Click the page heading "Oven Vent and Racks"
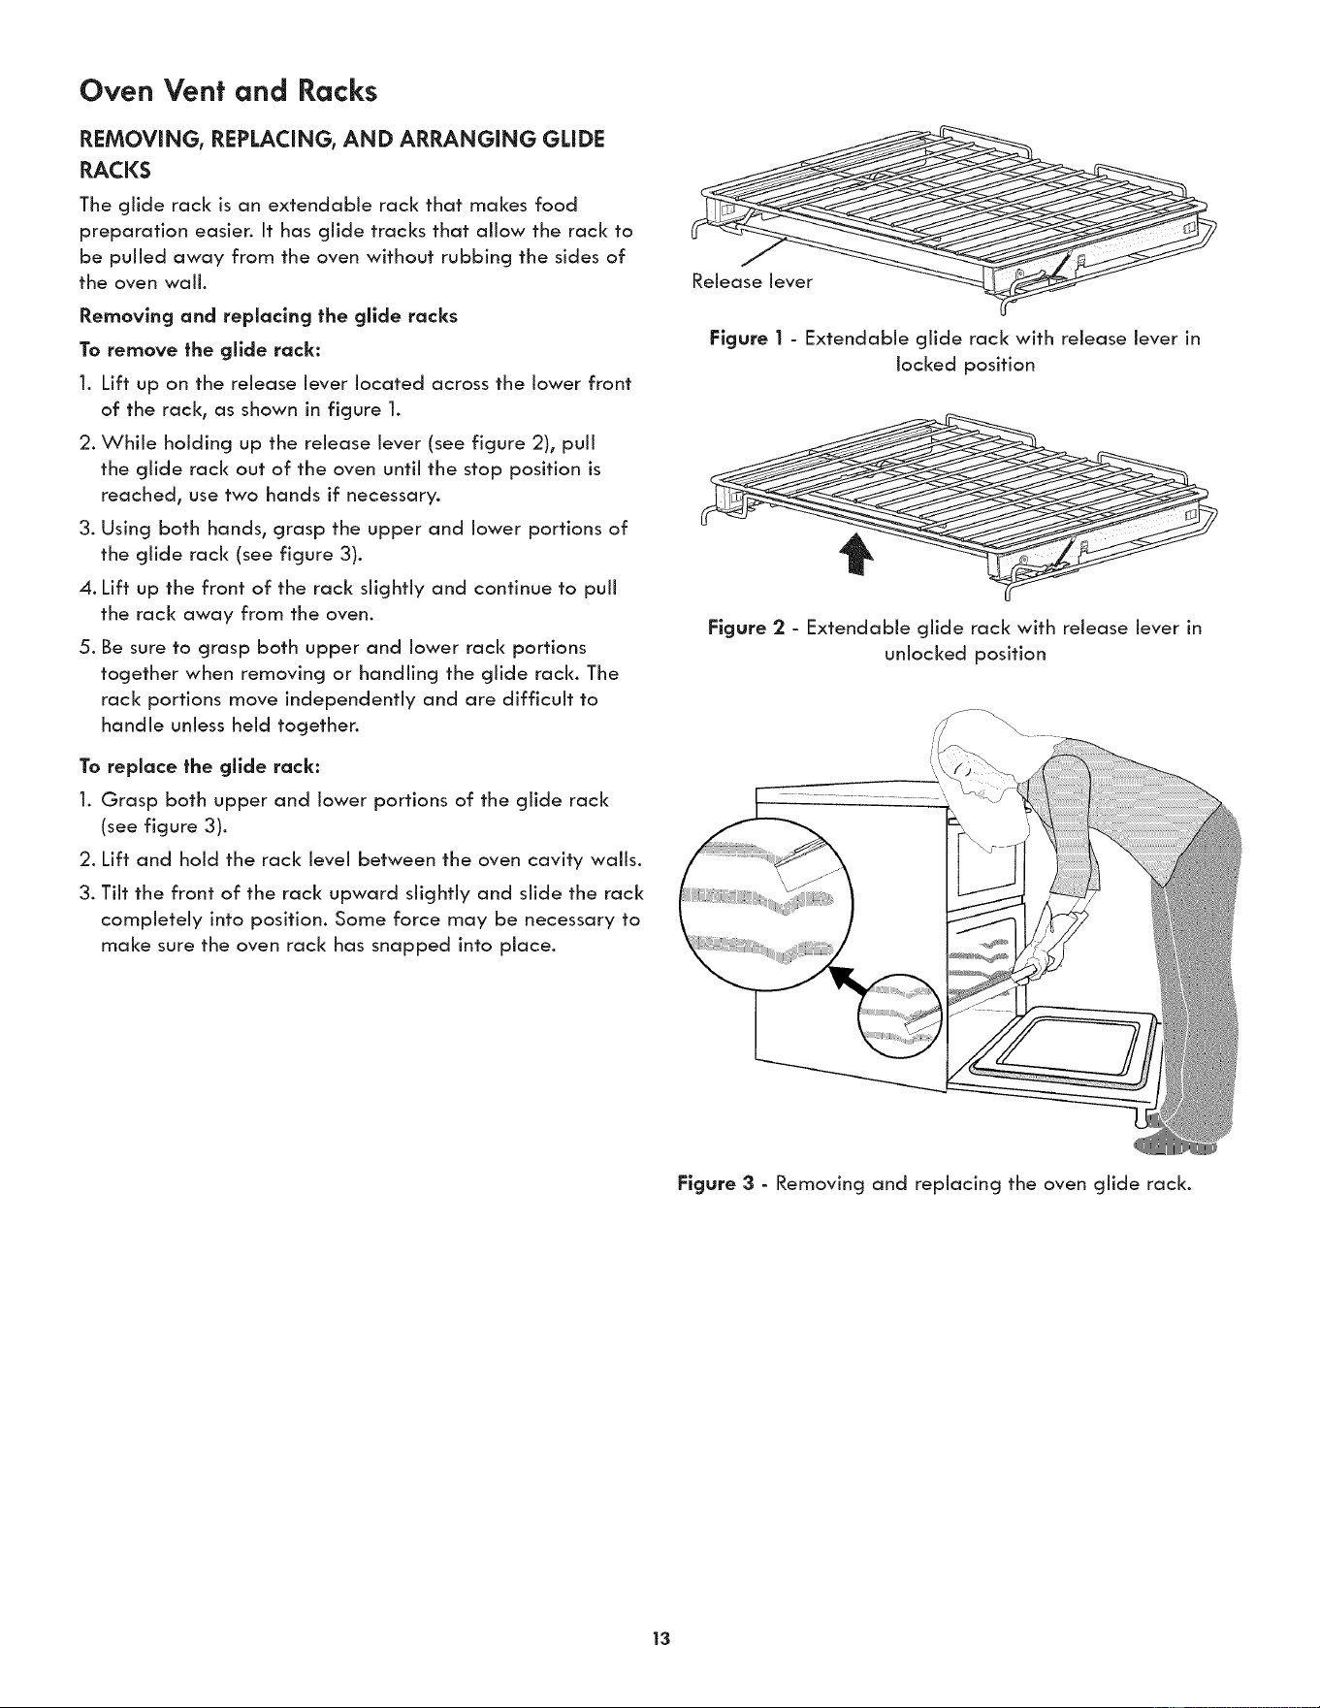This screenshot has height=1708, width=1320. tap(228, 90)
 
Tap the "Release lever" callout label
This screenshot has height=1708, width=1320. tap(752, 282)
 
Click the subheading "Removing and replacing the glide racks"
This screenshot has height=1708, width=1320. tap(269, 316)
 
